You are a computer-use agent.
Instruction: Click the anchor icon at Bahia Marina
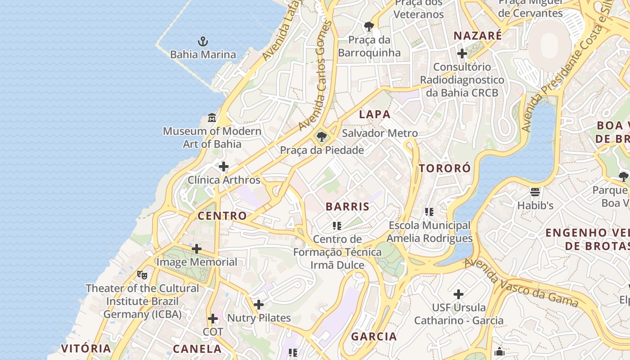click(203, 42)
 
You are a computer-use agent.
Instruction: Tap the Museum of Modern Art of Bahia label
click(212, 138)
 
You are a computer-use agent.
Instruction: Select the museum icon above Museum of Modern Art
click(212, 118)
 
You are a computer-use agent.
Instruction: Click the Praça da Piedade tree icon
click(321, 136)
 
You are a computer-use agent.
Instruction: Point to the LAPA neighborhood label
click(374, 114)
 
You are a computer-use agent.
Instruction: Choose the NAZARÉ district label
click(477, 36)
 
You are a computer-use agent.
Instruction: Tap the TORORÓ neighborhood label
click(445, 169)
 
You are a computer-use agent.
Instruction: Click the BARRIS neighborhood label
click(347, 207)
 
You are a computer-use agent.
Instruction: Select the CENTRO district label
click(222, 216)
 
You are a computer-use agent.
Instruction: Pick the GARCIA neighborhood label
click(374, 337)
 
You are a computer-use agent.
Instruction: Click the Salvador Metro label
click(380, 133)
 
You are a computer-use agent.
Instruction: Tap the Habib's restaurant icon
click(535, 192)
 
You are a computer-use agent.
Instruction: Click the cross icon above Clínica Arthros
click(224, 167)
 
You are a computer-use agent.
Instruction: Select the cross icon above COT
click(213, 319)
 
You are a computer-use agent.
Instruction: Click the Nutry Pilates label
click(259, 318)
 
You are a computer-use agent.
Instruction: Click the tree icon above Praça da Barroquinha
click(369, 27)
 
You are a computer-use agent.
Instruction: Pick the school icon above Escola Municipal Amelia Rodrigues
click(429, 211)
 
